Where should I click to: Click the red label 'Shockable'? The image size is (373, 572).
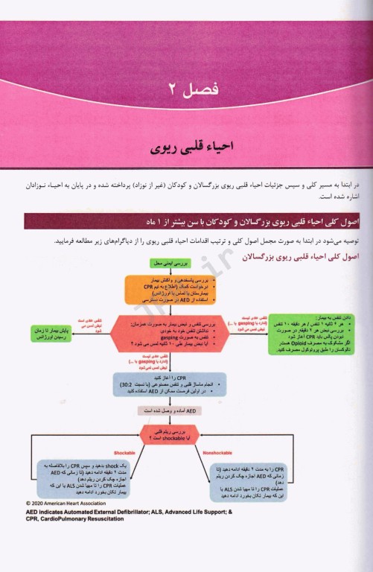coord(124,453)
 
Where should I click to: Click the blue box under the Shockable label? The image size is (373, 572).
coord(82,479)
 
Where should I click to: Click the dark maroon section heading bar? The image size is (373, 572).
coord(194,222)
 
